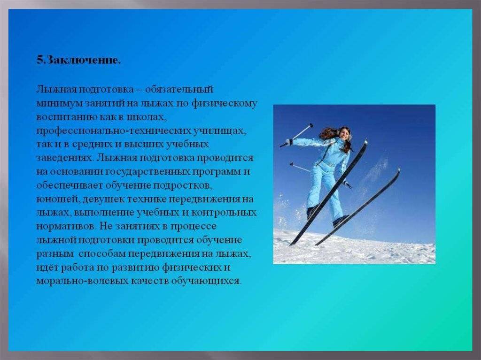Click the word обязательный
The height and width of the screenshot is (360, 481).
pos(179,90)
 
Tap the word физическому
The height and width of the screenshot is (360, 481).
pos(224,104)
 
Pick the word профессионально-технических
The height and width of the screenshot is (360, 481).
pos(113,131)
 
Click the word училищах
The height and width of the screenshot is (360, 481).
pos(220,131)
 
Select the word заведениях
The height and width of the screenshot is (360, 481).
pos(65,158)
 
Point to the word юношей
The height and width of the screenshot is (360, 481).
pos(56,199)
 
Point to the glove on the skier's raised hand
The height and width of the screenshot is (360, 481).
pos(289,141)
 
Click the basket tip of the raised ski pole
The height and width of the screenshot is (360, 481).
pos(312,125)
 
